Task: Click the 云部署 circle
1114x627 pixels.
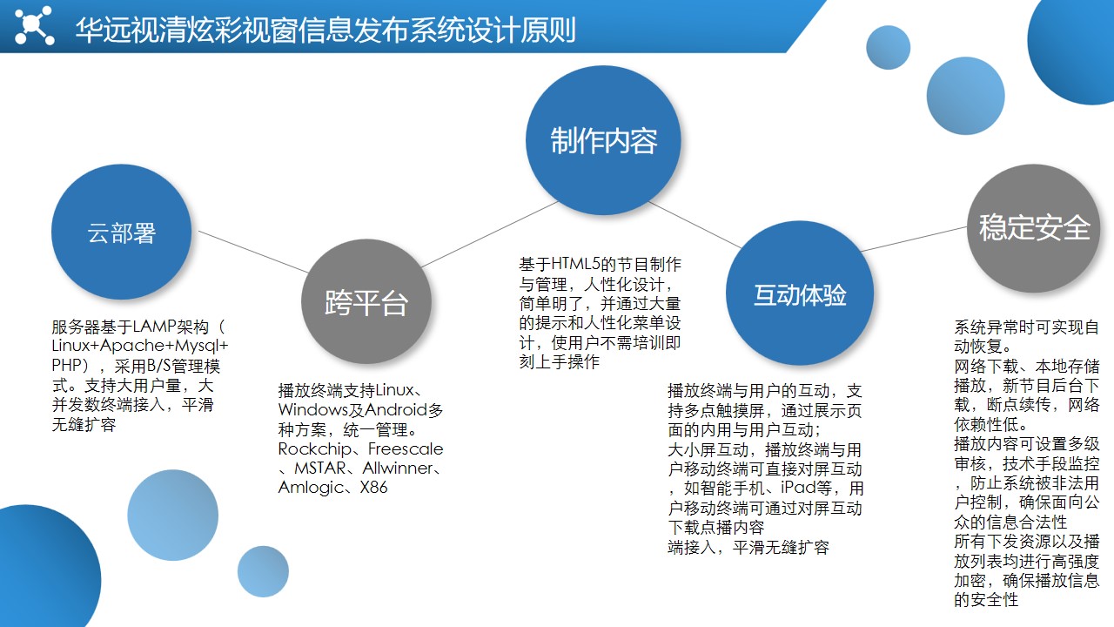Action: point(121,232)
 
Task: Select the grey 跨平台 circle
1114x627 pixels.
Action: point(366,301)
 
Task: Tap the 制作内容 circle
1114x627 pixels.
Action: point(603,140)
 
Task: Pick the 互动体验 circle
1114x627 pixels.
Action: point(800,293)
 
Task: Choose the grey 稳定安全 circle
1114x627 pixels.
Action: point(1033,228)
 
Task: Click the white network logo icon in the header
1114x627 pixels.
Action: point(34,25)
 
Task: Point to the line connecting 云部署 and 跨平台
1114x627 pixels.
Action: point(253,252)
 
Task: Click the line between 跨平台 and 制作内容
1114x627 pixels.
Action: point(490,234)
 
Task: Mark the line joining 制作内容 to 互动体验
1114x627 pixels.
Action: point(695,225)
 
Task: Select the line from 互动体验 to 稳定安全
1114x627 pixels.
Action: point(914,239)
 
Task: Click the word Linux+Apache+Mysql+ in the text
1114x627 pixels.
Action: point(140,346)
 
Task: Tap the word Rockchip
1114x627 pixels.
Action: point(314,448)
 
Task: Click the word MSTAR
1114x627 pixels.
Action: point(319,469)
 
